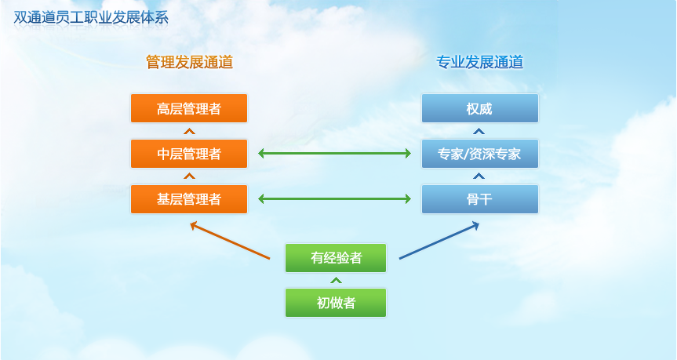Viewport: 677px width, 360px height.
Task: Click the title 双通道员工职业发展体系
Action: (91, 16)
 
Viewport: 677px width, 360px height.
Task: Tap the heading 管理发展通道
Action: (189, 63)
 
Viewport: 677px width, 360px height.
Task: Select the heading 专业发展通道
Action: (479, 63)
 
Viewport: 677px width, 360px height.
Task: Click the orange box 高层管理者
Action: (189, 108)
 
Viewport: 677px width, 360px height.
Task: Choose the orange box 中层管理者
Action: (189, 154)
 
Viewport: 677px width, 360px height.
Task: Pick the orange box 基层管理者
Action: (189, 199)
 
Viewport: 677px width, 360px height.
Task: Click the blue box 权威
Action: (480, 108)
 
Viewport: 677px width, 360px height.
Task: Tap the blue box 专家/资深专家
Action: (480, 154)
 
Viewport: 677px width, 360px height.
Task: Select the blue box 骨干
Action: (480, 199)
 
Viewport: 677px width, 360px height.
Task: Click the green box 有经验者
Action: (336, 258)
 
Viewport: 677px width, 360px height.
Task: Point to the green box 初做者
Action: (336, 303)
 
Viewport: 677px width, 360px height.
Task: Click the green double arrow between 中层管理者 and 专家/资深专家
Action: (335, 154)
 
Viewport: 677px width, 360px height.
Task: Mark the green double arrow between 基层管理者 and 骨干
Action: (335, 199)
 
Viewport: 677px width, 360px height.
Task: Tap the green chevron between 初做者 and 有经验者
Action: (336, 280)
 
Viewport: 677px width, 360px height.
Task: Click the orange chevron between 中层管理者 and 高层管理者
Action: (188, 131)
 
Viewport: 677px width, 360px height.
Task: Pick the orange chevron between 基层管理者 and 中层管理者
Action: (188, 176)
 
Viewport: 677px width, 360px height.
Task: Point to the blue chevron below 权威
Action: (479, 131)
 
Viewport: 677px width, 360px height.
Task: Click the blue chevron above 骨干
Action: (479, 176)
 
